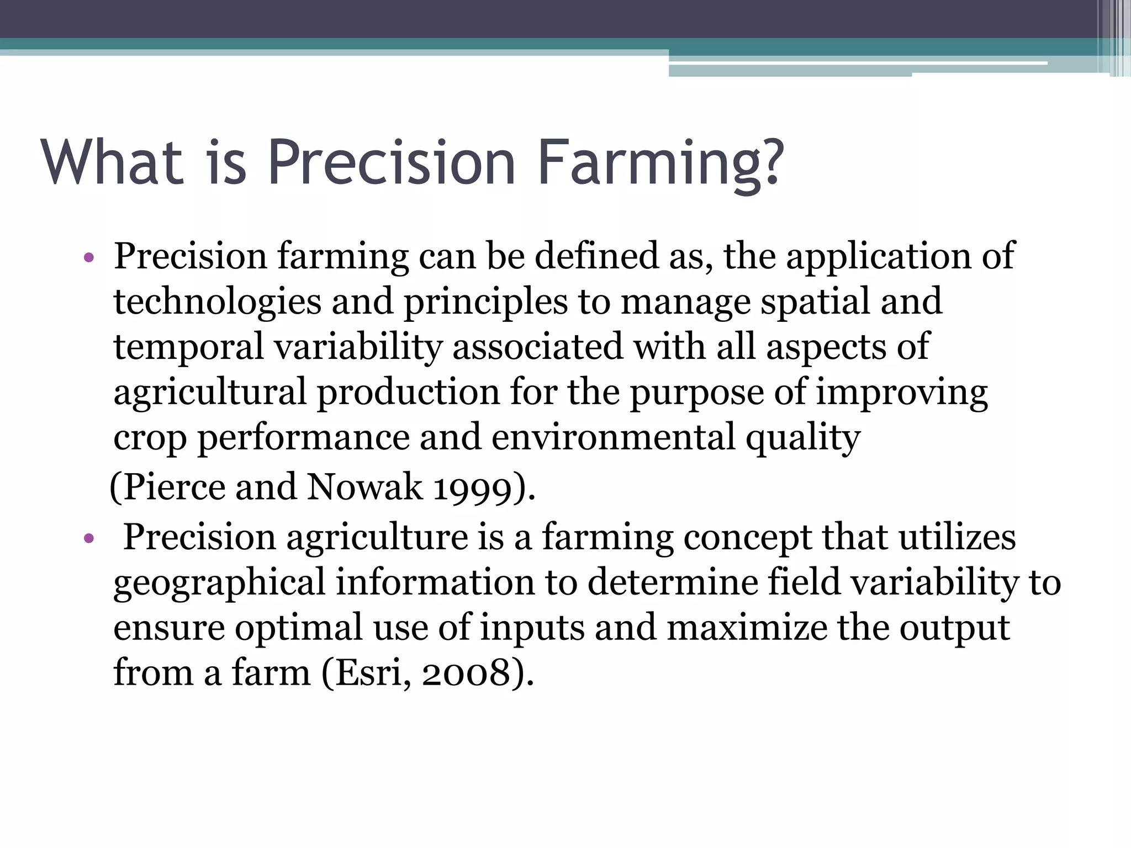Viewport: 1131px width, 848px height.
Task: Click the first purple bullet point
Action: (89, 257)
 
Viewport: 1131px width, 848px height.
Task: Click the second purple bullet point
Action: (89, 538)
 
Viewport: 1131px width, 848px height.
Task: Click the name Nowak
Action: (364, 487)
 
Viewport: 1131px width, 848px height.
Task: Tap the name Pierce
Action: (174, 487)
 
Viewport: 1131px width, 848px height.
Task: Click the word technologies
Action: (217, 303)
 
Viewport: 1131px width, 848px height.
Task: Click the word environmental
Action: (613, 437)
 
